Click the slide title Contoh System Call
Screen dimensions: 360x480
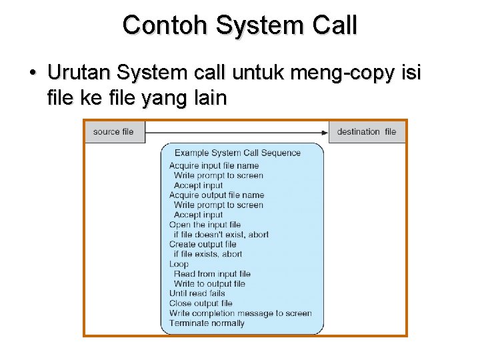pos(240,25)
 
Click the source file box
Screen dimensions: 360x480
pos(114,131)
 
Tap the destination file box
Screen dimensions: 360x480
pos(367,131)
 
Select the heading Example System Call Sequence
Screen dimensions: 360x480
pos(237,153)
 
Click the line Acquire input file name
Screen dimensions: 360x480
pos(214,165)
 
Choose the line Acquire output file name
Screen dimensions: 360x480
pos(217,195)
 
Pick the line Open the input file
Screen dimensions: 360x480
pos(205,225)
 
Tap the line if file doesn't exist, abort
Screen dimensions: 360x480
pos(221,235)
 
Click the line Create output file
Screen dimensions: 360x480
pos(203,244)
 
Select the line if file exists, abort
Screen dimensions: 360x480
pos(208,254)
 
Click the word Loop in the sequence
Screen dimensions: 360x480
pos(179,264)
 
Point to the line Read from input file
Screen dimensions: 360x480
pos(212,273)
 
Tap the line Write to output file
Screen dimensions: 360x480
pos(209,283)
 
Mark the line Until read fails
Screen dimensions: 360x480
pos(197,293)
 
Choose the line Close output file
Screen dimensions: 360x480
pos(201,303)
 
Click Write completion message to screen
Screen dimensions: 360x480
pos(241,313)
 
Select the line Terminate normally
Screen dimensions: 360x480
pos(207,323)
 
